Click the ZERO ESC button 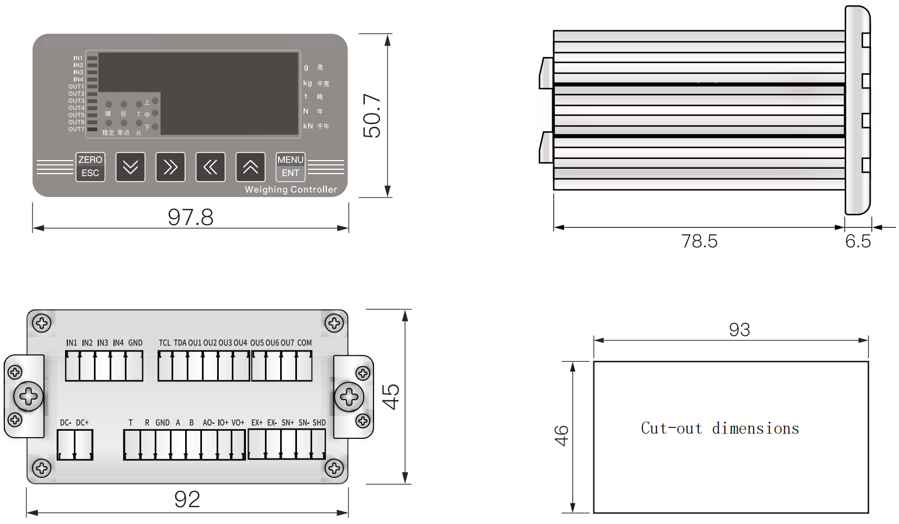coord(90,167)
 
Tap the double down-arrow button coord(130,167)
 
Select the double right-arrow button coord(170,167)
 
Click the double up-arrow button coord(250,167)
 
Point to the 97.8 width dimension coord(191,217)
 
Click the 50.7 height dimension coord(372,116)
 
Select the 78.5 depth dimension coord(699,241)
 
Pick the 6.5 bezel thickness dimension coord(858,241)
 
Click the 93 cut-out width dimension coord(739,329)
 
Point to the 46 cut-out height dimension coord(561,436)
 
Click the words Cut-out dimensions coord(720,429)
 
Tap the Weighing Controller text coord(290,189)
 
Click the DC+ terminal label coord(82,423)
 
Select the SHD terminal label coord(319,423)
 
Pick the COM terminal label coord(305,343)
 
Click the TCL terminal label coord(164,343)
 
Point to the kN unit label coord(308,126)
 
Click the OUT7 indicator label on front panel coord(77,129)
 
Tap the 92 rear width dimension coord(187,499)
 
